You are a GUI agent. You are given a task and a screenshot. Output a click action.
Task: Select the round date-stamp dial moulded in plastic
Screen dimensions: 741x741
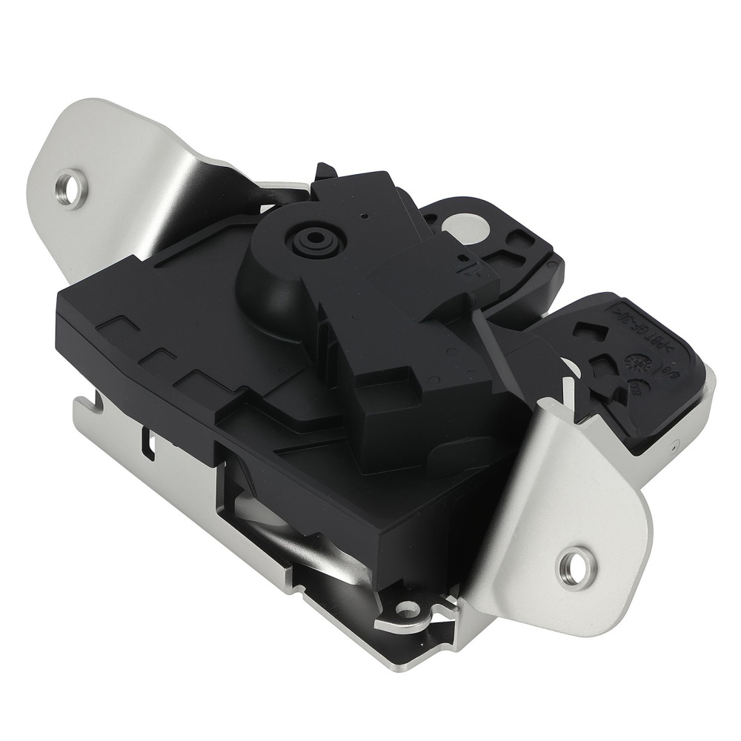(636, 362)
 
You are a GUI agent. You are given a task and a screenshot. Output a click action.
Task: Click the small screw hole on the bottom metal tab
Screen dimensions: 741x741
(405, 609)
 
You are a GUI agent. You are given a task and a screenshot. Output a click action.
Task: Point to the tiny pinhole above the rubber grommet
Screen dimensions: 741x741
(364, 216)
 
